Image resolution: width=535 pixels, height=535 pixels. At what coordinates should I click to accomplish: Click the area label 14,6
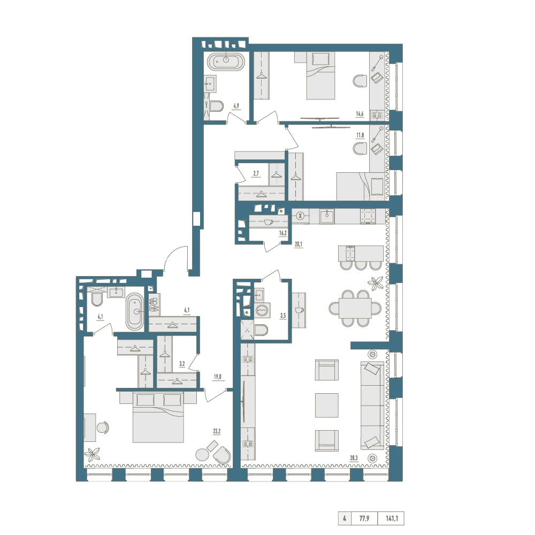pos(360,114)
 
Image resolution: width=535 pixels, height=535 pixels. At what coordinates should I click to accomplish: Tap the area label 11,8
pos(360,135)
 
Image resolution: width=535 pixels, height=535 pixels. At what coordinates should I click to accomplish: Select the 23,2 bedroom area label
pos(217,431)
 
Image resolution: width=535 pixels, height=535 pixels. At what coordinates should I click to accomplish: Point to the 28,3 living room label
pos(354,458)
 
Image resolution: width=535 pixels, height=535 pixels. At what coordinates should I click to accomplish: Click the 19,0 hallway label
pos(217,377)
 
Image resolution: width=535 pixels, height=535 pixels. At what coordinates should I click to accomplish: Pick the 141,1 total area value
pos(392,518)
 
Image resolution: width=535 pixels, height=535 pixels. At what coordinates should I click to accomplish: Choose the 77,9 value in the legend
pos(364,518)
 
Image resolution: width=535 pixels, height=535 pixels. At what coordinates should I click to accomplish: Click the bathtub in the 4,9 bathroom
pos(226,62)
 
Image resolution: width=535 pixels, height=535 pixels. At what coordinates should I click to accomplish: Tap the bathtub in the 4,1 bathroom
pos(135,311)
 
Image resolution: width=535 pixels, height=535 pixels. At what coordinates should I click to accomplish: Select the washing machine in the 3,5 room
pos(262,310)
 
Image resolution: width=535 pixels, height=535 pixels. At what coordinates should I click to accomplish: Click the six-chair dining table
pos(355,308)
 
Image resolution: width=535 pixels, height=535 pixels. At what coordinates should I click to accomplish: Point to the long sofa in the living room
pos(372,406)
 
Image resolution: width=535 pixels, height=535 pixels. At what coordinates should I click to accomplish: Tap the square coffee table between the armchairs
pos(326,406)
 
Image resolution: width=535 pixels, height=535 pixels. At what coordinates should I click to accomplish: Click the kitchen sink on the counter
pos(327,216)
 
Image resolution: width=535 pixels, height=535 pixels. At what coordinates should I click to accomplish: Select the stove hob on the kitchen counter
pos(368,216)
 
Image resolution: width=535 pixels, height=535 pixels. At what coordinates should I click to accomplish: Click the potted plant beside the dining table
pos(376,282)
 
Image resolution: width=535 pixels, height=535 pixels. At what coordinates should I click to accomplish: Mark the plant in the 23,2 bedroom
pos(92,454)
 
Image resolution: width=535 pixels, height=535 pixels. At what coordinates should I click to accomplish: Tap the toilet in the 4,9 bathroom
pos(216,106)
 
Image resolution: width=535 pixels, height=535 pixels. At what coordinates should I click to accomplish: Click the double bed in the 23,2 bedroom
pos(158,417)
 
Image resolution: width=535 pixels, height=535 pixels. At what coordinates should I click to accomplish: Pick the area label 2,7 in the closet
pos(256,173)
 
